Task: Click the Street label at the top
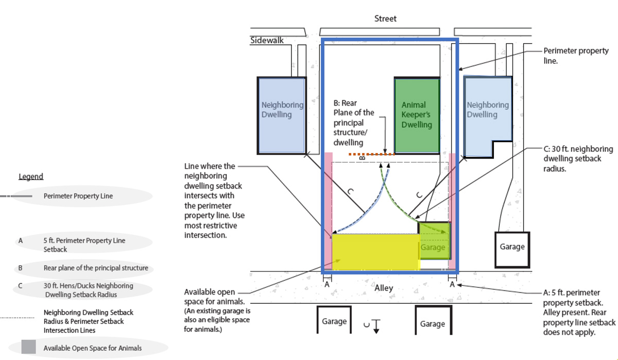pyautogui.click(x=385, y=19)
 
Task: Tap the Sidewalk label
pyautogui.click(x=267, y=40)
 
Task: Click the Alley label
pyautogui.click(x=384, y=288)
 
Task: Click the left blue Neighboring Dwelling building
pyautogui.click(x=281, y=115)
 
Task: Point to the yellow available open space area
pyautogui.click(x=375, y=252)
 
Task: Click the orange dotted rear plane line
pyautogui.click(x=371, y=154)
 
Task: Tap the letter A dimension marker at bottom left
pyautogui.click(x=327, y=283)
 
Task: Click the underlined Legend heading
pyautogui.click(x=31, y=177)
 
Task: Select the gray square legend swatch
pyautogui.click(x=28, y=347)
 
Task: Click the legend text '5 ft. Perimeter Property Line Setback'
pyautogui.click(x=84, y=245)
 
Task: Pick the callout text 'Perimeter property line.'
pyautogui.click(x=576, y=56)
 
